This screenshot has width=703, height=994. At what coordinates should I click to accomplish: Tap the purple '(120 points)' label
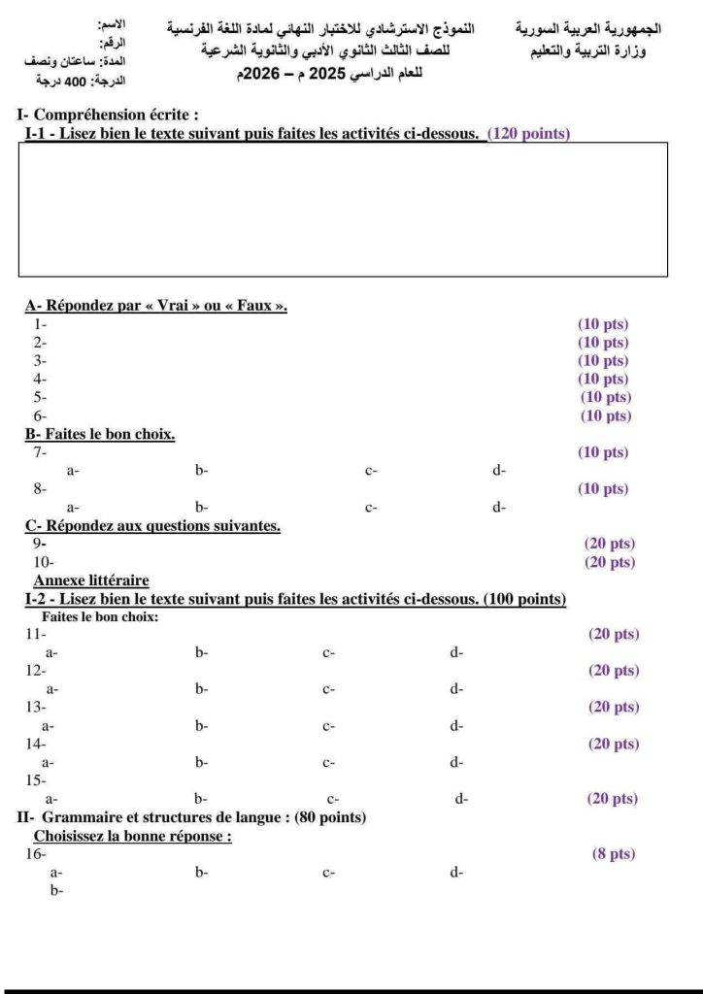pos(528,134)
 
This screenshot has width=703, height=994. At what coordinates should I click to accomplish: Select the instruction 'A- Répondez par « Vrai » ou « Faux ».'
pos(156,306)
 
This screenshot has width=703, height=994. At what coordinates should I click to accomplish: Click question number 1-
pos(40,324)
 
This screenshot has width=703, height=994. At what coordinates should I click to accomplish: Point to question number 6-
pos(40,416)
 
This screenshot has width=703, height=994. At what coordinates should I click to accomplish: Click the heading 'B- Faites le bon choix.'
pos(100,434)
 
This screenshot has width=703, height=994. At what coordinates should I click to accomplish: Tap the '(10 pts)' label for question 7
pos(603,452)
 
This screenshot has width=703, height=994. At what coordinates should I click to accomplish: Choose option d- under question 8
pos(499,507)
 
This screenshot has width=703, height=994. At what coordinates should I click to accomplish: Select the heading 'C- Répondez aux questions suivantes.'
pos(152,526)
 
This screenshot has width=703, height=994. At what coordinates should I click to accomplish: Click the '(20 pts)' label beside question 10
pos(609,562)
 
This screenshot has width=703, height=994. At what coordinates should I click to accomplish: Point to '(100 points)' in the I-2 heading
pos(524,598)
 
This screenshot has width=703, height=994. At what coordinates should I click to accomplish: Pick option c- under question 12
pos(329,689)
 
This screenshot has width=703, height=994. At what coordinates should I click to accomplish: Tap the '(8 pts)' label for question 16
pos(613,854)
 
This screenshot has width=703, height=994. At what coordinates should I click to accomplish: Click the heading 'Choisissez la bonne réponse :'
pos(133,836)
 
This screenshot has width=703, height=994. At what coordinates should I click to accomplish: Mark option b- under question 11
pos(202,653)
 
